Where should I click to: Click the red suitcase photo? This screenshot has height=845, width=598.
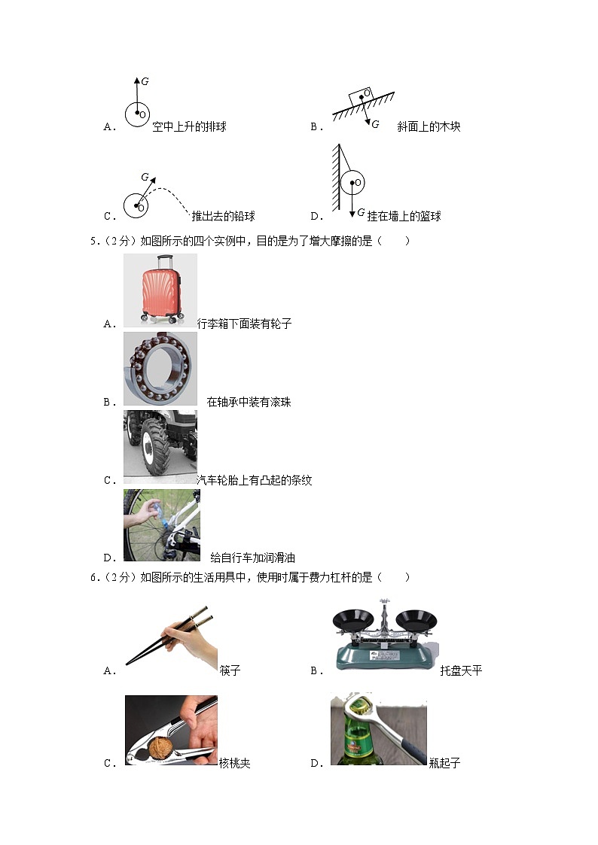click(160, 290)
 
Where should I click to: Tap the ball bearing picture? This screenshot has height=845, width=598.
click(160, 369)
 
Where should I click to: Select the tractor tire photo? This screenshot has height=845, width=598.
click(160, 447)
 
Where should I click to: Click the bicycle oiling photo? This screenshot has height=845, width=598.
click(161, 524)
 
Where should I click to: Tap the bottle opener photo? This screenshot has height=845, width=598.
click(378, 729)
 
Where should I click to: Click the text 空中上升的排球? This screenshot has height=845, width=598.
click(189, 127)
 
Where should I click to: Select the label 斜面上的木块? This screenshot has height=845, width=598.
click(429, 127)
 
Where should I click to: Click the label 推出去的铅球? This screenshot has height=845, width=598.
click(223, 217)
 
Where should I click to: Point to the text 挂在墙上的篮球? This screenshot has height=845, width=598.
click(404, 217)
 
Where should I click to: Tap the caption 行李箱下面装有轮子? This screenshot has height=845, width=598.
click(244, 324)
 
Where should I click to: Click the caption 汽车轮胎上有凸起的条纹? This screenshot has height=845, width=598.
click(254, 480)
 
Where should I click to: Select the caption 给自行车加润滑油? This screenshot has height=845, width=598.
click(252, 558)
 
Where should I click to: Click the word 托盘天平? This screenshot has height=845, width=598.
click(461, 670)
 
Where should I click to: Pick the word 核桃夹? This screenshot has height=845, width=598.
click(234, 763)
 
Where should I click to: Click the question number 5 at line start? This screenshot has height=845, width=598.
click(93, 242)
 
